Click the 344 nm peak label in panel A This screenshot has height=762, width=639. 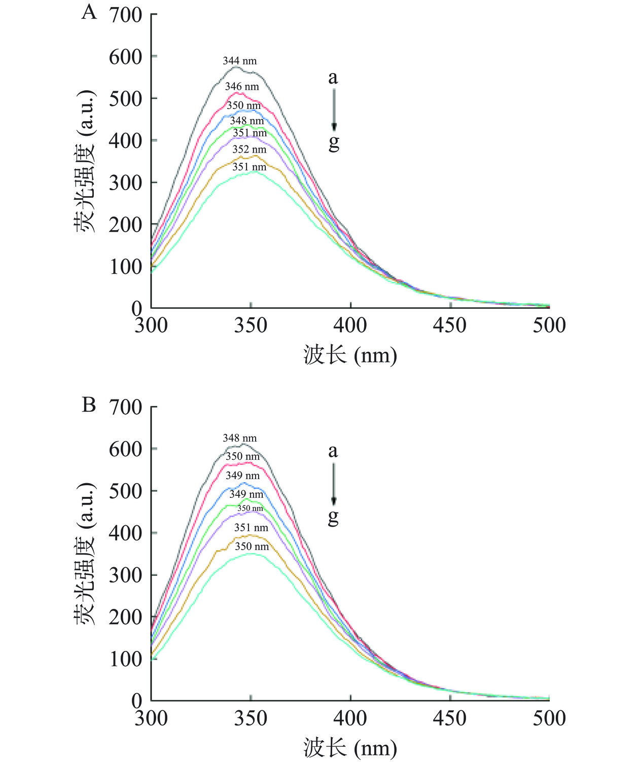coord(240,61)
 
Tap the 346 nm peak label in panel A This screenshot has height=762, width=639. coord(242,87)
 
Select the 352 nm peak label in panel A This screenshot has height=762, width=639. coord(250,150)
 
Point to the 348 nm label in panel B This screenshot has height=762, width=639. coord(240,438)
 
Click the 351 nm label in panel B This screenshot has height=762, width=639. coord(251,528)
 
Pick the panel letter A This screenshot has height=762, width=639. coord(89,11)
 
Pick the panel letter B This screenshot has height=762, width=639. coord(89,405)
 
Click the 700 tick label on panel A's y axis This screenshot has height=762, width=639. coord(125,15)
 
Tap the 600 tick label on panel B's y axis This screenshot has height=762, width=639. coord(125,449)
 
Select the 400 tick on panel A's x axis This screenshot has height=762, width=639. coord(350,325)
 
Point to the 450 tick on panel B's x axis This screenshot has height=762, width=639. coord(450,718)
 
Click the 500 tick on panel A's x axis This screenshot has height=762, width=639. coord(549,325)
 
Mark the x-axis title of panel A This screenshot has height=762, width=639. coord(350,354)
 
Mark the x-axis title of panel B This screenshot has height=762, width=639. coord(350,748)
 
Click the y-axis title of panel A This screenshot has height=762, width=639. coord(85,161)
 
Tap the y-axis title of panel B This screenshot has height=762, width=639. coord(85,554)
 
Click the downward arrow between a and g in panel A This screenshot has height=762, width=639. coord(334,110)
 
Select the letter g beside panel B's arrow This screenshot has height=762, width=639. coord(333,517)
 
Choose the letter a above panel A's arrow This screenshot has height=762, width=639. coord(333,78)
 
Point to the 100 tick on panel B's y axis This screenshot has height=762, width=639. coord(125,659)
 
